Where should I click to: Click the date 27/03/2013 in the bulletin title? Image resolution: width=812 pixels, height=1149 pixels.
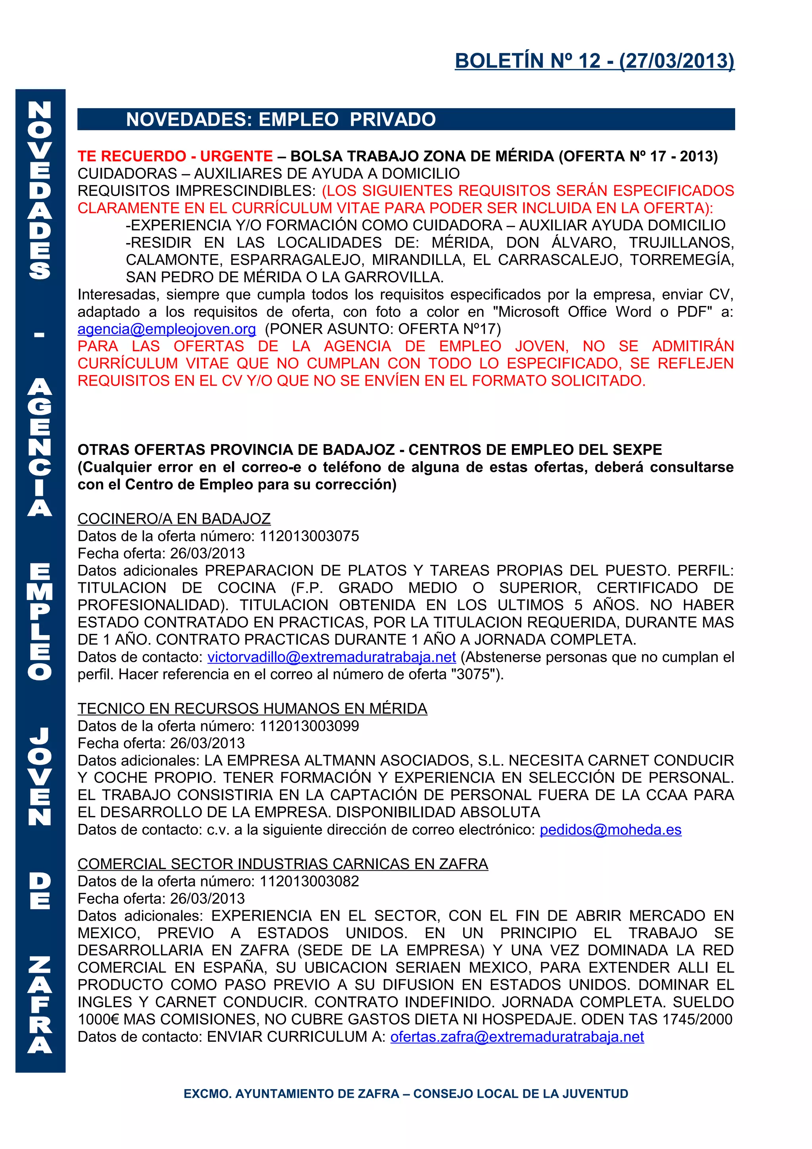coord(676,61)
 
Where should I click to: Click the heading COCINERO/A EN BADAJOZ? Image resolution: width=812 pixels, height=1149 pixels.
coord(174,519)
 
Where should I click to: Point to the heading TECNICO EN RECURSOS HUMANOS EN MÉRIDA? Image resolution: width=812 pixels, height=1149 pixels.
coord(252,708)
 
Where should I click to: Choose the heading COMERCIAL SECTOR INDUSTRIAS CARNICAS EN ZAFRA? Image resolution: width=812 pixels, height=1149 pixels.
coord(283,864)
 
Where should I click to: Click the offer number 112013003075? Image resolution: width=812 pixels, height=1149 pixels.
coord(309,536)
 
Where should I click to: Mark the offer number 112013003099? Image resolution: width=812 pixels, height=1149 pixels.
coord(309,726)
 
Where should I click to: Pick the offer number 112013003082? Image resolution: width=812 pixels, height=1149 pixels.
coord(309,881)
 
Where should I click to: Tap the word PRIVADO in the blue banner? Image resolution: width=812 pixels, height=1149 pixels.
coord(393,120)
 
